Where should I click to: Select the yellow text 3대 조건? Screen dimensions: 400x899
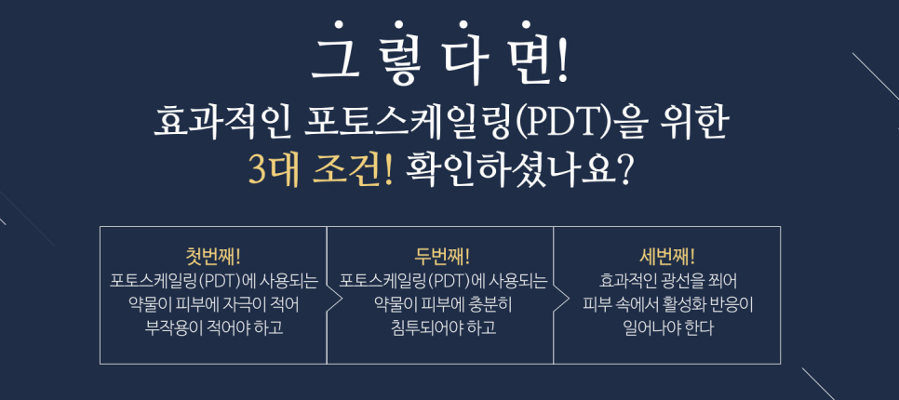pos(321,171)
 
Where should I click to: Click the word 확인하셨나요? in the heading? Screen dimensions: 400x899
pos(521,171)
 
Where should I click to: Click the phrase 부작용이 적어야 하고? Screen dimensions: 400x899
pos(214,327)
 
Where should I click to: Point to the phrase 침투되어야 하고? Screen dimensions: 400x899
pos(443,327)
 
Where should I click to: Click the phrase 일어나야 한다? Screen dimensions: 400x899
pos(667,327)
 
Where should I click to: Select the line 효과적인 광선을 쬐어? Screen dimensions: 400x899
pos(667,279)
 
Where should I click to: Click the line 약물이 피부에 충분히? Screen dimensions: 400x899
pos(443,303)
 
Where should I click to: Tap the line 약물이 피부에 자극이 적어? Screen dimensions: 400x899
pos(214,303)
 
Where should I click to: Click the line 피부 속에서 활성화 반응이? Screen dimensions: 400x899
pos(667,303)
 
